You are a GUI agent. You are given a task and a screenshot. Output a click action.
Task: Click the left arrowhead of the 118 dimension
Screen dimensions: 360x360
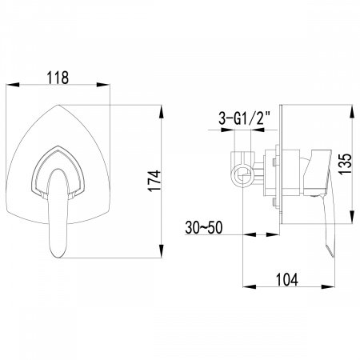14,85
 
